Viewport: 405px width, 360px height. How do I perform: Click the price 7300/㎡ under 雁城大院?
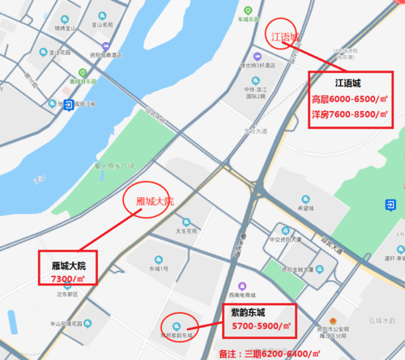[68, 278]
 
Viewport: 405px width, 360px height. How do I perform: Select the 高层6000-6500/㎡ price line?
[351, 100]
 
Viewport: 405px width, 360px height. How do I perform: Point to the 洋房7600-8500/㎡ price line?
[351, 114]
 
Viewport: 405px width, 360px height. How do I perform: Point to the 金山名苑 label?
[102, 25]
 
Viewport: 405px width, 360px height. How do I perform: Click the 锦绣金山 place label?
[65, 28]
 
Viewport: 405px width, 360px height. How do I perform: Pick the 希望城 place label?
[305, 207]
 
